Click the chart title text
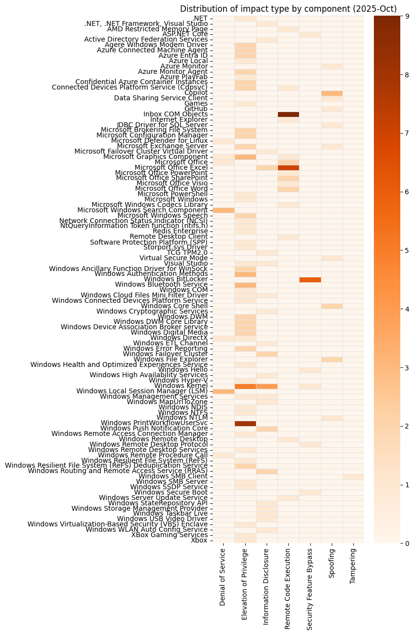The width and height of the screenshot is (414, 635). coord(288,8)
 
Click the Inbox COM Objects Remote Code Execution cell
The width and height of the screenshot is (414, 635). coord(288,114)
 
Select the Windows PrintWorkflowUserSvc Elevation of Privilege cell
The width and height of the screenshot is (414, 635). coord(245,423)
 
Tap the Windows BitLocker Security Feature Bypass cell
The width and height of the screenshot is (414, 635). coord(310,279)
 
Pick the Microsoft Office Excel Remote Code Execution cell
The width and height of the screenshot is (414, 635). coord(288,167)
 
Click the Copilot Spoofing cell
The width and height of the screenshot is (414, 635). coord(332,93)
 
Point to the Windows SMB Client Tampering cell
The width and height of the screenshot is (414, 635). coord(353,476)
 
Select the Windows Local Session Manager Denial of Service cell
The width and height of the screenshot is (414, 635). coord(223,391)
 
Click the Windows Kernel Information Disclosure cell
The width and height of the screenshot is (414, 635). coord(267,386)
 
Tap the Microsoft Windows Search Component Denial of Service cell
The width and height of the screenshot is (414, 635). coord(223,210)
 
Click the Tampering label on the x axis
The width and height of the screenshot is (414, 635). coord(353,567)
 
